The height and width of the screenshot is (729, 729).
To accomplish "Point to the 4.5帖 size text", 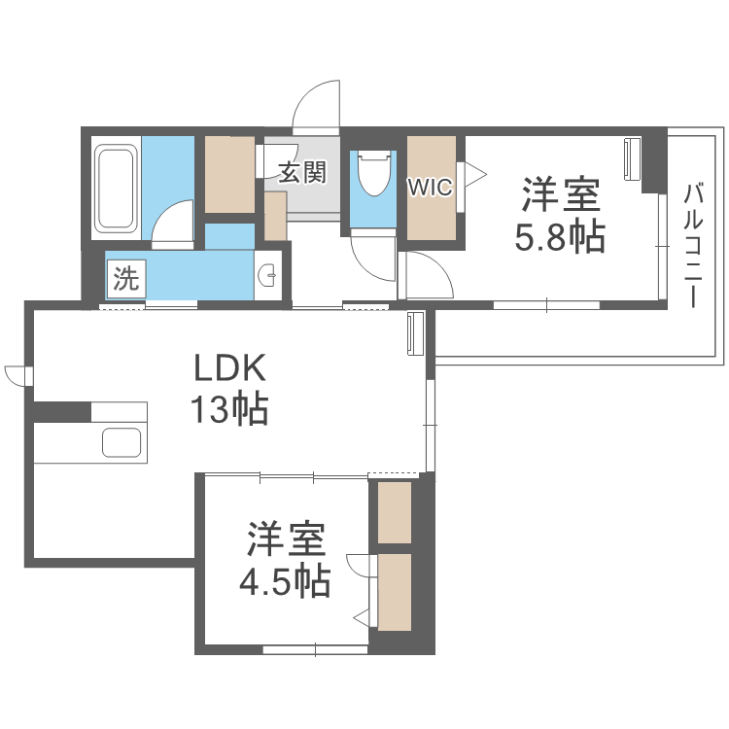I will [284, 580].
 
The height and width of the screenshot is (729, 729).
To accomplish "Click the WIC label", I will [430, 188].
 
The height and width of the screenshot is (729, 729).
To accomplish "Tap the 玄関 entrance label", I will [301, 173].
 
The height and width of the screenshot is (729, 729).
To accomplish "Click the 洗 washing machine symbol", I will [125, 280].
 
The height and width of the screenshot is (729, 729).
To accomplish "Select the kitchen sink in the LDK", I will [124, 442].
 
